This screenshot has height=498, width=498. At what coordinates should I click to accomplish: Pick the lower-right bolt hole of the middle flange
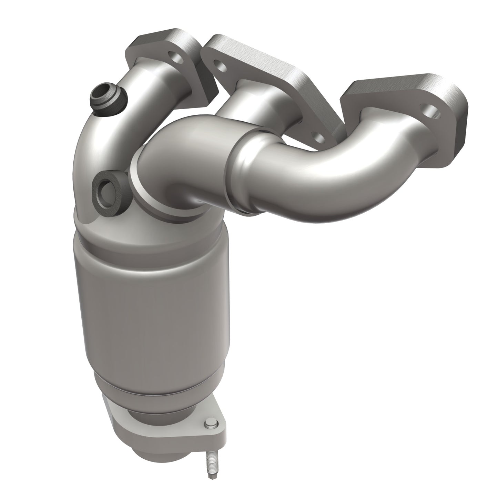click(319, 138)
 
